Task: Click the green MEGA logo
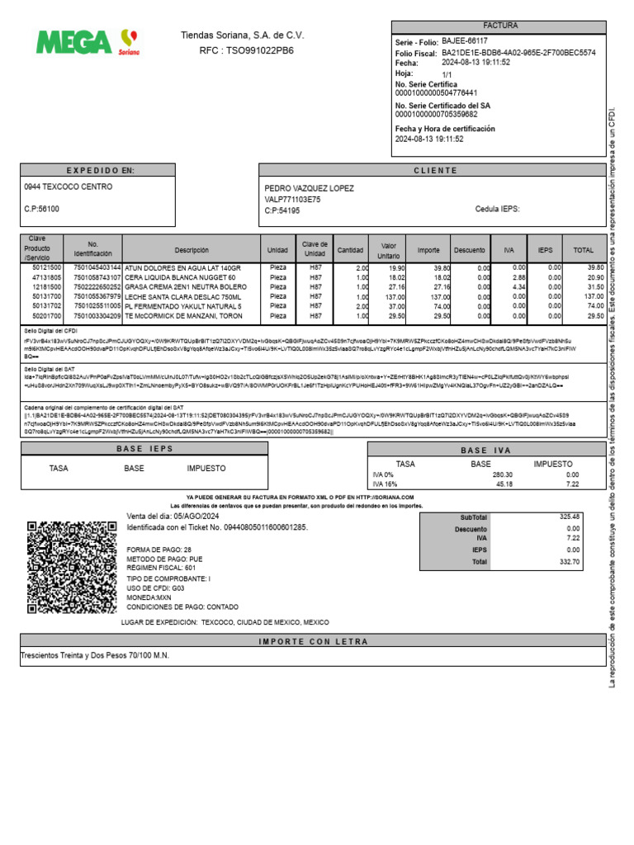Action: pyautogui.click(x=74, y=41)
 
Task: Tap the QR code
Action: pyautogui.click(x=72, y=568)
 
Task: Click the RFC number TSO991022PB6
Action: pyautogui.click(x=258, y=51)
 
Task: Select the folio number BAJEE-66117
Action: pyautogui.click(x=465, y=40)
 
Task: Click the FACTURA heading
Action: pyautogui.click(x=499, y=26)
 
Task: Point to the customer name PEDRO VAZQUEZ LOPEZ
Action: pyautogui.click(x=309, y=188)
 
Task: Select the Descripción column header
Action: pyautogui.click(x=192, y=250)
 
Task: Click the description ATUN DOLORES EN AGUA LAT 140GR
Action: pyautogui.click(x=182, y=268)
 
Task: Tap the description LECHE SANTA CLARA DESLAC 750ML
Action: pyautogui.click(x=183, y=295)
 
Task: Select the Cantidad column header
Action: pyautogui.click(x=350, y=250)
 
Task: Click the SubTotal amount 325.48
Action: pyautogui.click(x=569, y=517)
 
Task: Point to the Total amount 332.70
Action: pyautogui.click(x=569, y=561)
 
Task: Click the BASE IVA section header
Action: pyautogui.click(x=485, y=450)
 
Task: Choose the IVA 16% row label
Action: pyautogui.click(x=386, y=485)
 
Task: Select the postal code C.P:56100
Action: pyautogui.click(x=42, y=210)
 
